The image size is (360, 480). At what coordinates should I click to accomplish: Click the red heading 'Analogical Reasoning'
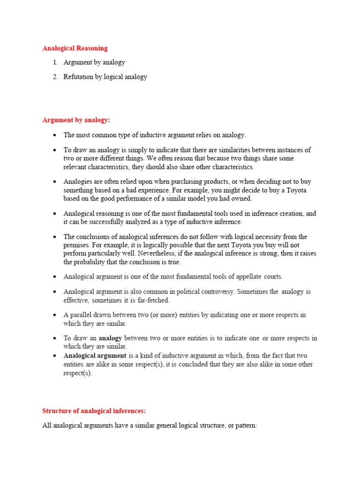click(x=75, y=48)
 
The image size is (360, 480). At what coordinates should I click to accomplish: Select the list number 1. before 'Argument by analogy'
click(x=55, y=62)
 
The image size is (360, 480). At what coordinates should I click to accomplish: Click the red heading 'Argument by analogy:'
click(x=76, y=120)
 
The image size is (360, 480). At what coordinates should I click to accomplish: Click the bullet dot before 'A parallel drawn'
click(x=55, y=315)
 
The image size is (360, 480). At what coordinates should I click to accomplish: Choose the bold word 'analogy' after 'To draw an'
click(x=110, y=338)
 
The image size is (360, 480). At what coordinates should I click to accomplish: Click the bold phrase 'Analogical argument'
click(x=95, y=356)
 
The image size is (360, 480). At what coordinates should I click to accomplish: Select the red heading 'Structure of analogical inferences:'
click(x=94, y=411)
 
